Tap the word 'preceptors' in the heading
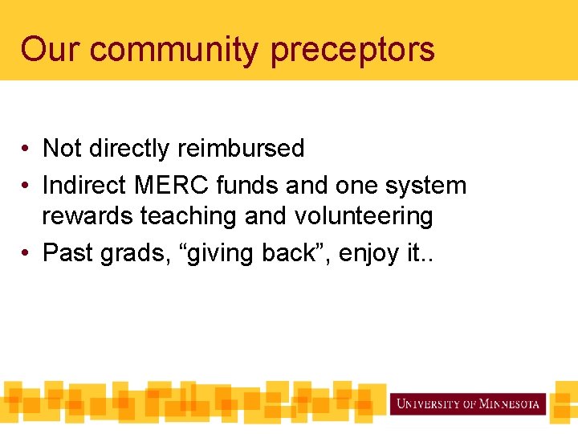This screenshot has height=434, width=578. click(352, 51)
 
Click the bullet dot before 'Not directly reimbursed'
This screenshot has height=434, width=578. click(26, 149)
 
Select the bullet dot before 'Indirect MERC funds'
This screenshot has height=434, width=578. click(26, 186)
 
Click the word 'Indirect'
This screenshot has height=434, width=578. click(84, 186)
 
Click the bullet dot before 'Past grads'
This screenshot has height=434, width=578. click(26, 253)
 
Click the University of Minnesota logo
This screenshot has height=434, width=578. click(468, 403)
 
